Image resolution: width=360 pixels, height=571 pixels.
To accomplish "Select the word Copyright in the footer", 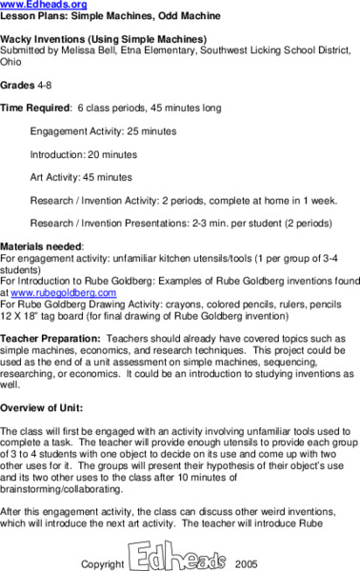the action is (103, 563).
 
